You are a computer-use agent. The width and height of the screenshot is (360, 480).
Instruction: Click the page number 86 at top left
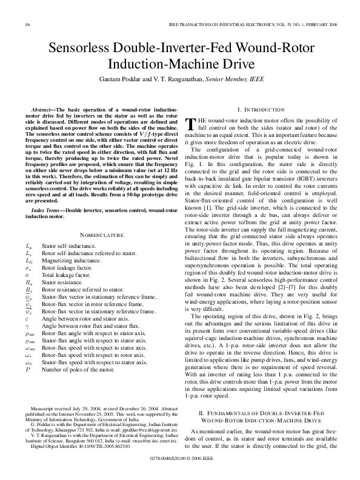point(28,24)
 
